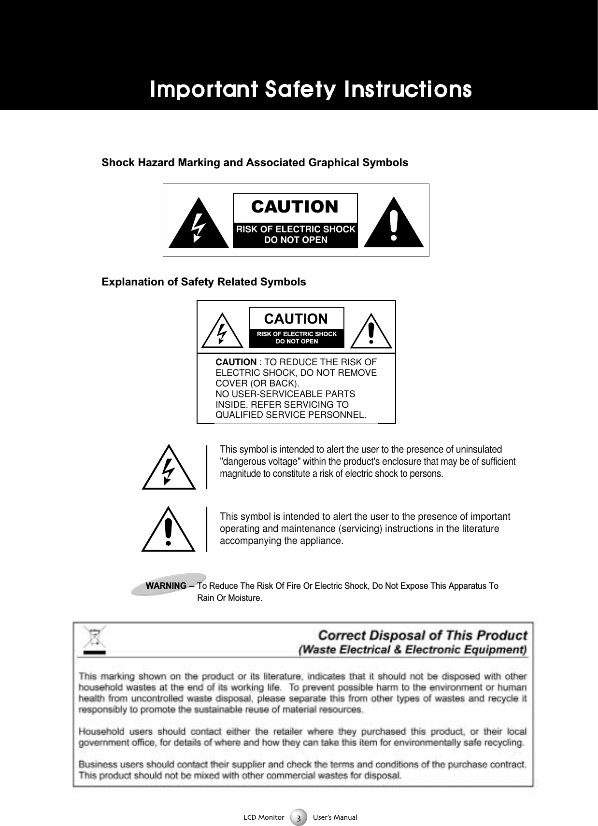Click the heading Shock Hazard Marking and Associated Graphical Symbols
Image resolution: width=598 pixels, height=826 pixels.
tap(255, 163)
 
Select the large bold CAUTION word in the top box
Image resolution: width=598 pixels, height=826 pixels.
tap(295, 207)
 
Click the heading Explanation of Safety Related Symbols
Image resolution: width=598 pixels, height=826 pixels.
tap(203, 282)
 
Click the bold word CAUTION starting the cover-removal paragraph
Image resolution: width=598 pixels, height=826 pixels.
tap(236, 362)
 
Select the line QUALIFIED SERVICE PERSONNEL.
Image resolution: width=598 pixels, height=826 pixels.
tap(290, 415)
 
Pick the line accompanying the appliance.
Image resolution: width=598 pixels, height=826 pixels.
tap(282, 541)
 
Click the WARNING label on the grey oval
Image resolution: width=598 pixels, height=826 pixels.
tap(166, 586)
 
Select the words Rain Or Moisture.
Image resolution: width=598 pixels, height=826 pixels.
tap(229, 598)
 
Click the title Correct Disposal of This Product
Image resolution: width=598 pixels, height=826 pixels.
tap(423, 635)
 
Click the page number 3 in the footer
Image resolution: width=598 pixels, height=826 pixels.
tap(299, 818)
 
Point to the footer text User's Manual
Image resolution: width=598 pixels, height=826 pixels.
tap(335, 817)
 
